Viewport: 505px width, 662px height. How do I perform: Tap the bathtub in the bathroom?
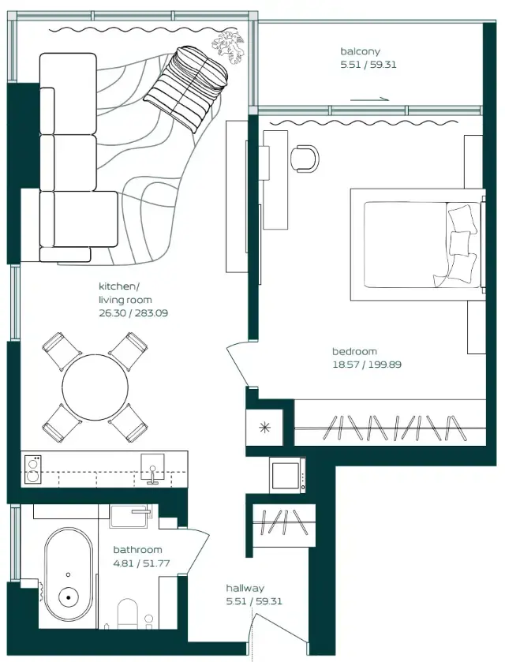69,575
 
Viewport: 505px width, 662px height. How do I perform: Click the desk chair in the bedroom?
305,158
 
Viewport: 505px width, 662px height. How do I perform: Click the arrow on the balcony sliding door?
369,100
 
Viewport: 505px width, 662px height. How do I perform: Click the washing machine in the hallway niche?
286,475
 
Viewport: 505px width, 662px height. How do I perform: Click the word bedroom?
354,351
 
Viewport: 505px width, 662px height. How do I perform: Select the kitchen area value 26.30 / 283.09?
133,313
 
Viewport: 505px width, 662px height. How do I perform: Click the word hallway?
245,588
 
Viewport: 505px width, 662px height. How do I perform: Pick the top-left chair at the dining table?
59,350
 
